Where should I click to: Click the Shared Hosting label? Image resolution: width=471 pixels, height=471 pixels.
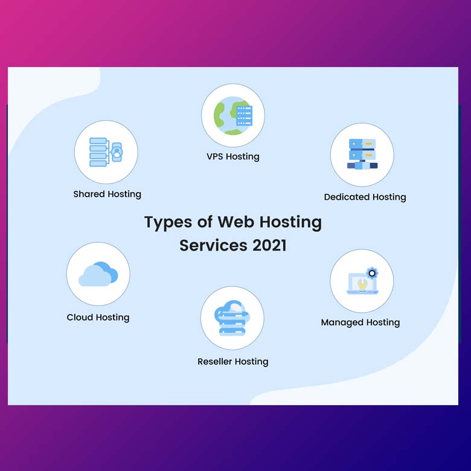107,194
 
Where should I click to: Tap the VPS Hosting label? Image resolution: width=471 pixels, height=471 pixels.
232,156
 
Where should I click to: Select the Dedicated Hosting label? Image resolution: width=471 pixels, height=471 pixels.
365,197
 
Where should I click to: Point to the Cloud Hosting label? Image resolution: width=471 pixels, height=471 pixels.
98,317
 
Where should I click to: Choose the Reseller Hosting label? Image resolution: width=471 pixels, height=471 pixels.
232,362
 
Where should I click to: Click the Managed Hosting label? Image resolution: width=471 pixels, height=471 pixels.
360,322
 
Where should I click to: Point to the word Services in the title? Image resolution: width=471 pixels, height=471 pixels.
213,246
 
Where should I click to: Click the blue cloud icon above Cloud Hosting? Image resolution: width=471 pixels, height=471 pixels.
98,274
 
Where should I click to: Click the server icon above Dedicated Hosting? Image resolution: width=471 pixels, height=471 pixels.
362,154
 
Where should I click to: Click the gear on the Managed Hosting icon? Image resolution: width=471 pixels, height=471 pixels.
372,273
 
